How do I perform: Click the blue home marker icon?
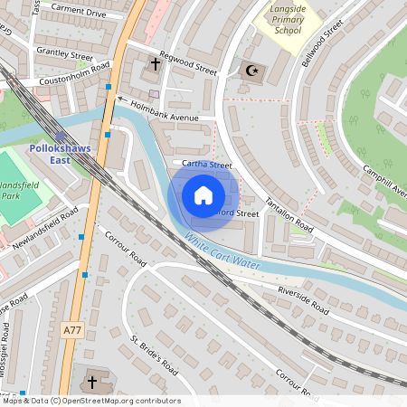(x=203, y=195)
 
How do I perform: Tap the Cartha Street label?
(x=207, y=165)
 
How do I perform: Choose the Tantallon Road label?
(x=289, y=213)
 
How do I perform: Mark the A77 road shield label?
(x=72, y=331)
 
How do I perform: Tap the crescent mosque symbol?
(x=252, y=70)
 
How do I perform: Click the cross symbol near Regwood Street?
(x=155, y=64)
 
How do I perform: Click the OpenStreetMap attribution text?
(x=90, y=400)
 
